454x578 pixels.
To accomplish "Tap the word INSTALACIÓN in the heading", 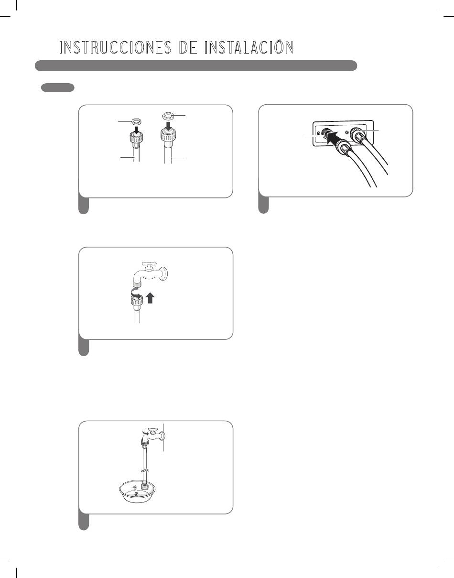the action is pyautogui.click(x=249, y=47).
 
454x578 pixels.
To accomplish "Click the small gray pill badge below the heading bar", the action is pyautogui.click(x=57, y=87).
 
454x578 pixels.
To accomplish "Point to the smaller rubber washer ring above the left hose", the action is pyautogui.click(x=137, y=121).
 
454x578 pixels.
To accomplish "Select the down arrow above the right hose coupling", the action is pyautogui.click(x=168, y=124).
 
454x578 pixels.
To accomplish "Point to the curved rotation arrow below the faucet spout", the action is pyautogui.click(x=136, y=294).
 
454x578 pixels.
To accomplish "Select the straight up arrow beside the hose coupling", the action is pyautogui.click(x=150, y=298).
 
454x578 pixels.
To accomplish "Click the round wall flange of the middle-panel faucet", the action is pyautogui.click(x=165, y=273).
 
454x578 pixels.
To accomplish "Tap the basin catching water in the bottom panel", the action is pyautogui.click(x=137, y=491).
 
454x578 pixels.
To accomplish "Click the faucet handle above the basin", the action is pyautogui.click(x=152, y=429).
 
